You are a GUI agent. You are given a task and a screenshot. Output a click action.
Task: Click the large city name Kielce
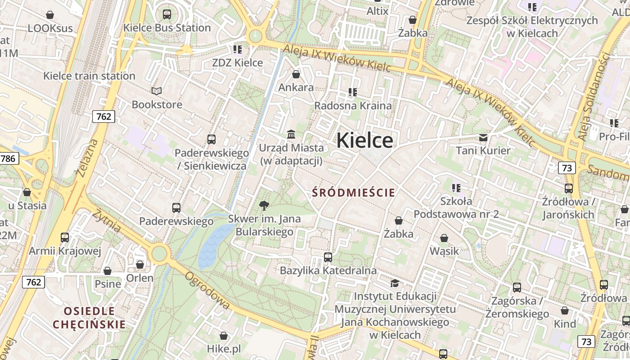point(364,140)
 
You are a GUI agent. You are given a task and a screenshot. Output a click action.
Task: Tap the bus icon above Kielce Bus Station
point(167,14)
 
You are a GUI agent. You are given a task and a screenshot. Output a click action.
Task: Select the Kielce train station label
point(89,76)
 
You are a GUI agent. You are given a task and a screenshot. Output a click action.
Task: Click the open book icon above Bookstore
point(156,91)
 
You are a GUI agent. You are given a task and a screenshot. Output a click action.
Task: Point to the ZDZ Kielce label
point(237,63)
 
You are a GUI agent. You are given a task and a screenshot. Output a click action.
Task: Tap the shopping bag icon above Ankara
point(296,74)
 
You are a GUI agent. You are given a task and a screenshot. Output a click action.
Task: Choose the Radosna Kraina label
point(353,105)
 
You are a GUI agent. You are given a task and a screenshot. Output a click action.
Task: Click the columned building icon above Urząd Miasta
point(291,135)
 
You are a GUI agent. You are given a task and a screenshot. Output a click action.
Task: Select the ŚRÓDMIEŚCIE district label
point(354,193)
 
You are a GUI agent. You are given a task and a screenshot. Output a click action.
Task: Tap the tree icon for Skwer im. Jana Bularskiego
point(264,206)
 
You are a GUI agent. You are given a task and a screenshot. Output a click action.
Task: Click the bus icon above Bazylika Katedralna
point(328,257)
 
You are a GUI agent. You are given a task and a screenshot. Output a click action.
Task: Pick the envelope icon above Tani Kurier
point(483,137)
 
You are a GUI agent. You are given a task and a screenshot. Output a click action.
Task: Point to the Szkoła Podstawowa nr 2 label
point(456,207)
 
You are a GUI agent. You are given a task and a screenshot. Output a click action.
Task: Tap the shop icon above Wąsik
point(444,238)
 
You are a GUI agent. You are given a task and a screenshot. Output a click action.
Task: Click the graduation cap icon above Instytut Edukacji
point(395,283)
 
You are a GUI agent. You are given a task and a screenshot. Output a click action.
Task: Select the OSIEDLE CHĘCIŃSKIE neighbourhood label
point(89,318)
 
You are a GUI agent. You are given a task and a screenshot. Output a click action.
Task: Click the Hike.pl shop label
point(224,348)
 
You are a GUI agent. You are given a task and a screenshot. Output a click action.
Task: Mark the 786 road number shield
point(9,158)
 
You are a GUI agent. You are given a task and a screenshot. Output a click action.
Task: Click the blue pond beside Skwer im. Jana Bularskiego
point(214,245)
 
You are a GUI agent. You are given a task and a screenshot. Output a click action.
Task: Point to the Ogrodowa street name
point(207,291)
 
